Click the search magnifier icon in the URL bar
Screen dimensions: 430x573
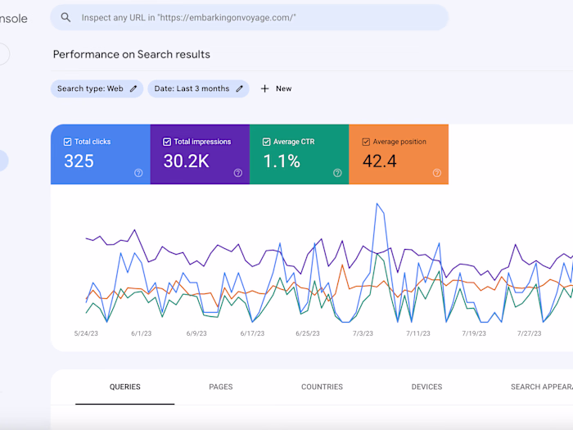click(x=65, y=17)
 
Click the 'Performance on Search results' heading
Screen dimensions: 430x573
click(x=131, y=54)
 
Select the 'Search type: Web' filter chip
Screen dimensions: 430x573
click(x=97, y=88)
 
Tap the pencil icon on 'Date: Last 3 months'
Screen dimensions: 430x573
click(x=240, y=88)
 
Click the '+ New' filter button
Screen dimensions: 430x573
click(x=276, y=88)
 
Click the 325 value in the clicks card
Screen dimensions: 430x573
click(x=79, y=161)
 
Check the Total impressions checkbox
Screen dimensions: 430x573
click(x=167, y=142)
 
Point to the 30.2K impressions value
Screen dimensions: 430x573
click(x=186, y=161)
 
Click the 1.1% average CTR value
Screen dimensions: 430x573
click(x=281, y=161)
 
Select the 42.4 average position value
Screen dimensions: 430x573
click(x=379, y=161)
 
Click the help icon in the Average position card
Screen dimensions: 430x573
click(x=436, y=173)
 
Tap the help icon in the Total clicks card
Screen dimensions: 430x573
click(x=138, y=173)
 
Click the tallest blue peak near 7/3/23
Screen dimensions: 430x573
click(x=377, y=205)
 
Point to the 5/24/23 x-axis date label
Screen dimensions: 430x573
click(x=86, y=333)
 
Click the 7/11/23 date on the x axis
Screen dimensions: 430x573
click(x=417, y=333)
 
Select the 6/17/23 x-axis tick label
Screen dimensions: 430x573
click(x=253, y=333)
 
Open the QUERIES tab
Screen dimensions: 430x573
click(x=125, y=387)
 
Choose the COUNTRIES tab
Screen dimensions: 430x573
click(x=322, y=387)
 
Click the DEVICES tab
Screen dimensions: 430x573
click(x=426, y=387)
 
